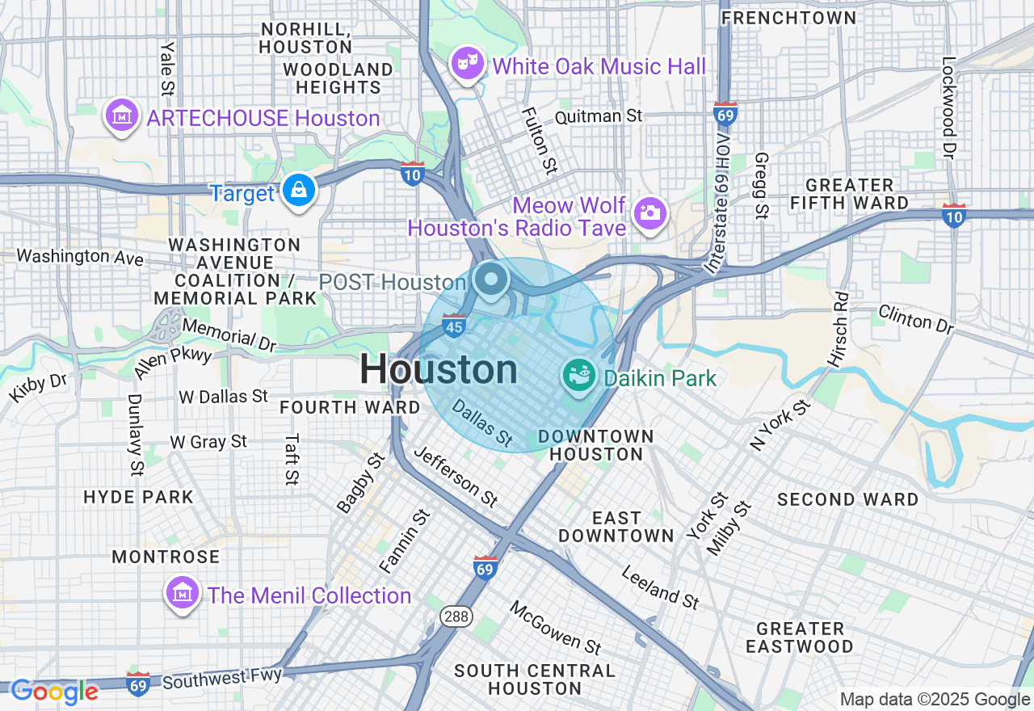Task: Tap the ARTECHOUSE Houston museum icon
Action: pos(121,116)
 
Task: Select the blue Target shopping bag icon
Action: pos(299,191)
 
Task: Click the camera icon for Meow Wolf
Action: pos(649,213)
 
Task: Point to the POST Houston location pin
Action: pos(490,280)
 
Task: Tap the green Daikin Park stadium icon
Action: pos(579,376)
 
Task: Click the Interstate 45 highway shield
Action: pos(454,326)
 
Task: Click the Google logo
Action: pos(54,692)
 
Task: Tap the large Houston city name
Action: pos(439,369)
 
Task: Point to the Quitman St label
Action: pos(599,116)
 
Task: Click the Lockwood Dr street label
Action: pos(949,107)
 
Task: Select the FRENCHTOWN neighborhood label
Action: pos(788,17)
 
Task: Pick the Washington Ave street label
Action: pos(80,257)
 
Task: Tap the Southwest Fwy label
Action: pos(222,678)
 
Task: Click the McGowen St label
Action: pos(556,627)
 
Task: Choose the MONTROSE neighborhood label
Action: pos(166,557)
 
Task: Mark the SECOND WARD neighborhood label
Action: pos(847,499)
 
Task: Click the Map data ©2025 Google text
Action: pos(935,700)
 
